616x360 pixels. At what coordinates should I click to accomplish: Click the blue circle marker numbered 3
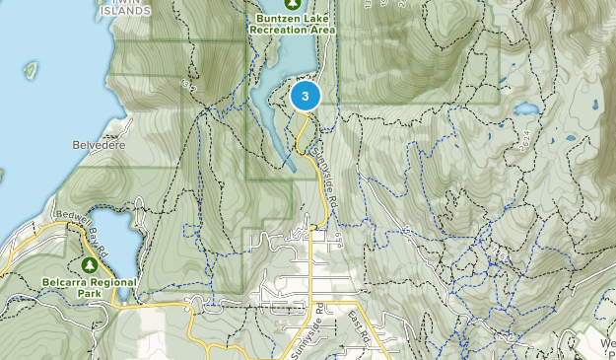pyautogui.click(x=306, y=96)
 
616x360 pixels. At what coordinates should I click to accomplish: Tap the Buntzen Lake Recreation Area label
pyautogui.click(x=293, y=23)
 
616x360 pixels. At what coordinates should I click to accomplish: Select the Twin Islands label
pyautogui.click(x=126, y=8)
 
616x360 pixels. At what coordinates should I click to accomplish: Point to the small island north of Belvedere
pyautogui.click(x=32, y=70)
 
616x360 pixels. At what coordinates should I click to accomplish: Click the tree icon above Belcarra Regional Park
pyautogui.click(x=91, y=266)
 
